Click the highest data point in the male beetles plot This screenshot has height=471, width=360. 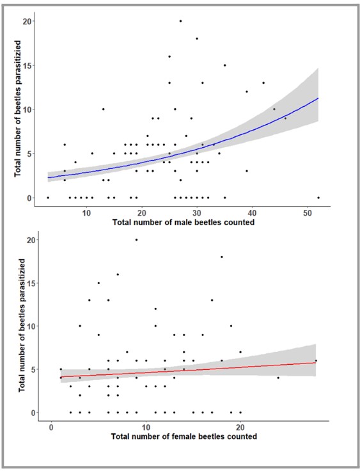180,21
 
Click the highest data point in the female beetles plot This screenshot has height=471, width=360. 136,240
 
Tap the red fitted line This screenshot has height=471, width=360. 188,370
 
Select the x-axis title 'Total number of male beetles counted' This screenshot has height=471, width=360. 184,222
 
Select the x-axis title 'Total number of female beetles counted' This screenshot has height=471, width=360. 184,436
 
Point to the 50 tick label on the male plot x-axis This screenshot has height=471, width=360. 308,213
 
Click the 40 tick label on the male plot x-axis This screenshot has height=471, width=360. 252,213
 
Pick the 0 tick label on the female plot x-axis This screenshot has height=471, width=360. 51,427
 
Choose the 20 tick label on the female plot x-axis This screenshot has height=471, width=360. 240,427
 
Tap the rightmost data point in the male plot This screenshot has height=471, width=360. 318,198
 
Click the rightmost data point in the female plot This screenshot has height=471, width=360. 316,360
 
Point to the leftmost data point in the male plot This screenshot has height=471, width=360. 48,198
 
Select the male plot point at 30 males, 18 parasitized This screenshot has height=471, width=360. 197,38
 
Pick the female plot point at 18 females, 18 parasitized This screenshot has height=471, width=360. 222,257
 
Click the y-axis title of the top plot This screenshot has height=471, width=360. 18,108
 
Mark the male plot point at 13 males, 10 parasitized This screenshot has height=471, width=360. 104,109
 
